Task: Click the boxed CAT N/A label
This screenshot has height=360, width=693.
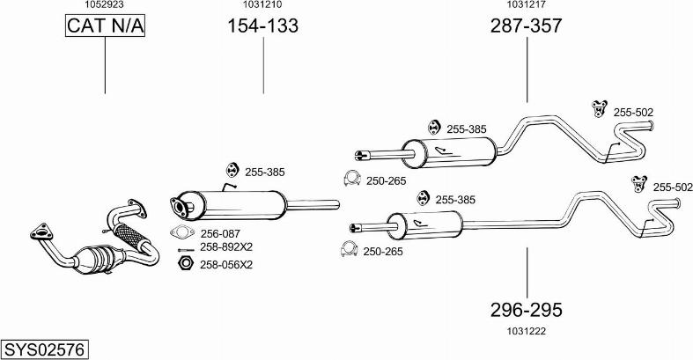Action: (x=105, y=26)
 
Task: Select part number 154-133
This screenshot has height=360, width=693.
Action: (x=263, y=26)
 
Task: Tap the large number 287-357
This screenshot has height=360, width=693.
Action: (x=526, y=26)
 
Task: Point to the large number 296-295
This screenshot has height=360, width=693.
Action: (x=526, y=310)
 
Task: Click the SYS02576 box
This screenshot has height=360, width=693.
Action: (x=44, y=349)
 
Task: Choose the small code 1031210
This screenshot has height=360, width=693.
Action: (x=262, y=4)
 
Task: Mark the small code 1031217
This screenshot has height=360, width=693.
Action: (x=527, y=4)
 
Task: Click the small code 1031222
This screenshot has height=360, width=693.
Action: (x=527, y=330)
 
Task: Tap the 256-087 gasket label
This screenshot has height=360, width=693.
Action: (x=221, y=233)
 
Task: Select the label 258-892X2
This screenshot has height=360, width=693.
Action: (x=226, y=247)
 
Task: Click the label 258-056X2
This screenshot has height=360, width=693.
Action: (x=226, y=264)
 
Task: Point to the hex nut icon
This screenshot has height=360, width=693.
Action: (x=186, y=263)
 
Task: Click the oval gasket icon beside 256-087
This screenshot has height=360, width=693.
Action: (x=182, y=233)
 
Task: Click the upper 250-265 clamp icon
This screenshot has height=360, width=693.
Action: (x=350, y=180)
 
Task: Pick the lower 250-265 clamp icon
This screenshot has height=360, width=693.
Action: (x=349, y=251)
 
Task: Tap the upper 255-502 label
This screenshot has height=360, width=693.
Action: (x=633, y=112)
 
